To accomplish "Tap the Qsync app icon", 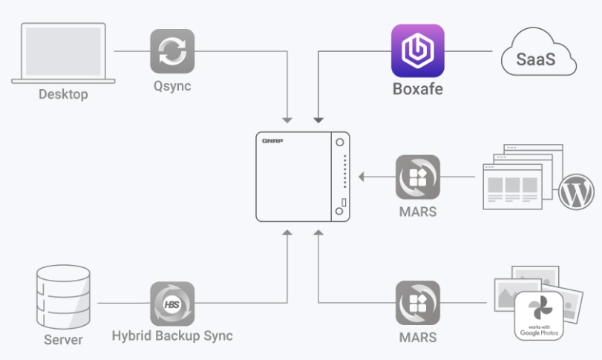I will (x=172, y=51).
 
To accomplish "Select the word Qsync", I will (x=172, y=85).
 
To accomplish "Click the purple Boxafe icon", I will (x=417, y=50).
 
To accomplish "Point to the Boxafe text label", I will (x=417, y=91).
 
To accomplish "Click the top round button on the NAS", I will (x=339, y=142).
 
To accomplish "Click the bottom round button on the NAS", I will (x=339, y=212).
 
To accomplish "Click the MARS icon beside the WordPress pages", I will (x=417, y=177).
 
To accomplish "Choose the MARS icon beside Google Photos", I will (x=417, y=302).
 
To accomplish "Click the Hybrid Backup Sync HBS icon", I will (x=172, y=303).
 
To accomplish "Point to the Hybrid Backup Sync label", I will (x=172, y=336).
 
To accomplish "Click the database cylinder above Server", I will (x=63, y=297).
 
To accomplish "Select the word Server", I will (x=63, y=340).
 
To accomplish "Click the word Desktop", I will (x=63, y=94).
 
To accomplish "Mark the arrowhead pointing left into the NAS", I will (x=361, y=177).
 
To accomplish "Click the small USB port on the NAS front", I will (x=344, y=202).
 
